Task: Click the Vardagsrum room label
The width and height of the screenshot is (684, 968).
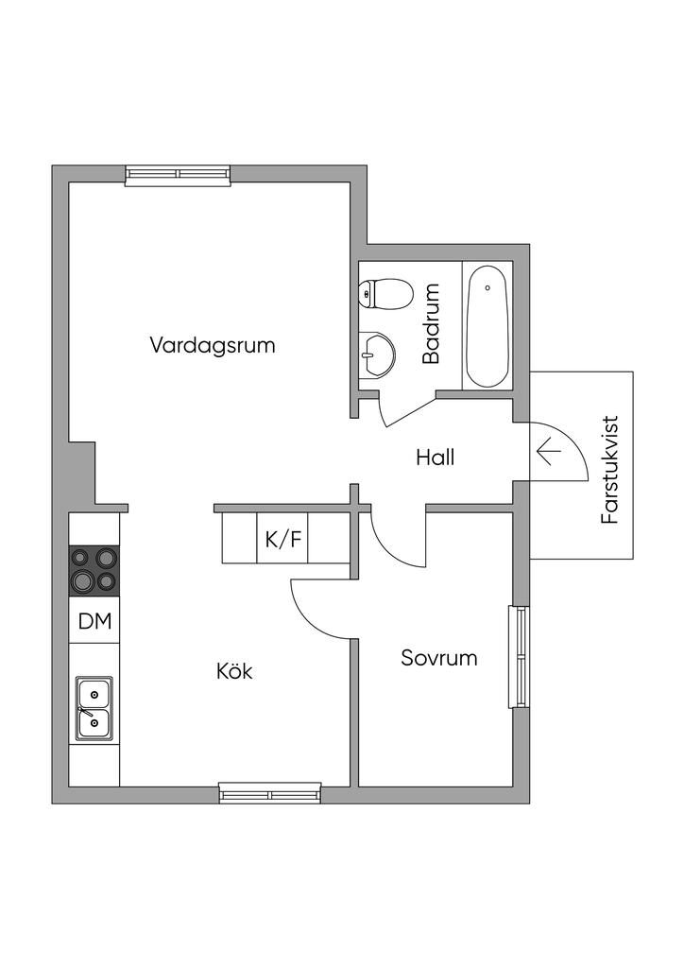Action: pyautogui.click(x=213, y=345)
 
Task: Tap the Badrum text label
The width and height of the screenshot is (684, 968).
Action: pyautogui.click(x=432, y=324)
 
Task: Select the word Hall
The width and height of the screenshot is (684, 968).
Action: pyautogui.click(x=436, y=458)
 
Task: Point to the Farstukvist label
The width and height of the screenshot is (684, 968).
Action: pyautogui.click(x=609, y=470)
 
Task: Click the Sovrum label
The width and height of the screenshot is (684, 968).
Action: pyautogui.click(x=438, y=658)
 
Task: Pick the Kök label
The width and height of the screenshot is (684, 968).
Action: pyautogui.click(x=234, y=672)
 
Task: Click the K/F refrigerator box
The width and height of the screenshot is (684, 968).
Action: pyautogui.click(x=283, y=540)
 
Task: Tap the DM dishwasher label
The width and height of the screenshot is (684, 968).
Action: pyautogui.click(x=94, y=621)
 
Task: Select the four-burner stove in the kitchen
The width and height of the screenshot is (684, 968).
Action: pyautogui.click(x=94, y=570)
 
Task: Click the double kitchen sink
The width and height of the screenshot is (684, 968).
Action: pyautogui.click(x=94, y=708)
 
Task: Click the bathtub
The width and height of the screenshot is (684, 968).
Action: pyautogui.click(x=487, y=325)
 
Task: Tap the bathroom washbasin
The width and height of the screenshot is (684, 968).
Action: pyautogui.click(x=377, y=355)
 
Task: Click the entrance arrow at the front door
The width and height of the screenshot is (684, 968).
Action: pyautogui.click(x=548, y=452)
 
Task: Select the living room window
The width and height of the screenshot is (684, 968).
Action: pyautogui.click(x=178, y=173)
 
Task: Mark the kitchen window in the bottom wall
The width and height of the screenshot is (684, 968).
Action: pyautogui.click(x=270, y=793)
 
